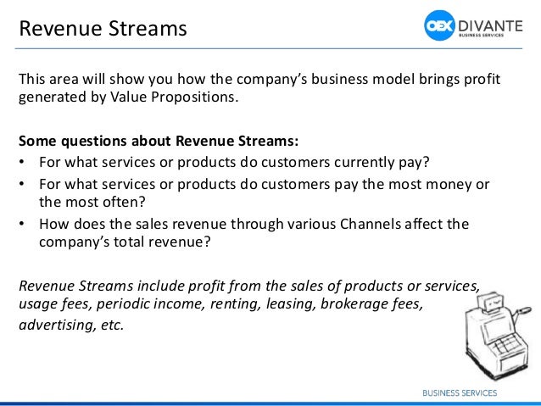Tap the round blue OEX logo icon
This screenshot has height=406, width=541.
coord(441,25)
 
